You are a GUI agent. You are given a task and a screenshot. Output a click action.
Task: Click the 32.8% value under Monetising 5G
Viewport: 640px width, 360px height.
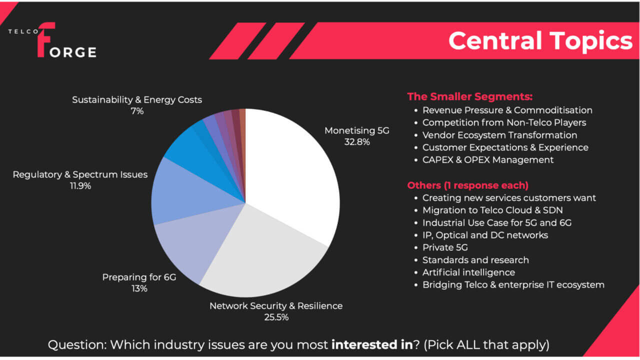357,142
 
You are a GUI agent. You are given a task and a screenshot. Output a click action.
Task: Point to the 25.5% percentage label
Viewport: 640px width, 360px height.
276,317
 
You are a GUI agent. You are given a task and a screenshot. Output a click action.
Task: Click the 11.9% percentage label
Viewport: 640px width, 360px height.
80,186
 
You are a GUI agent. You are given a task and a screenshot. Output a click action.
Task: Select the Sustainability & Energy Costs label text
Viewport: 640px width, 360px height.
137,99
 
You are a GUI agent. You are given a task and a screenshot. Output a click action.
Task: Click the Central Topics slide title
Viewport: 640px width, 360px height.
540,41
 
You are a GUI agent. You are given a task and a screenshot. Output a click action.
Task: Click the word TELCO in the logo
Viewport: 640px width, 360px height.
23,31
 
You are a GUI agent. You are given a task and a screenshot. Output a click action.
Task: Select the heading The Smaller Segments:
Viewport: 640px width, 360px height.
469,96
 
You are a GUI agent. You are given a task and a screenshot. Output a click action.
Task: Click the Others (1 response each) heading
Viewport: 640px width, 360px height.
467,185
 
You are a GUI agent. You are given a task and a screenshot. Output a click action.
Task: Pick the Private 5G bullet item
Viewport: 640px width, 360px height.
445,247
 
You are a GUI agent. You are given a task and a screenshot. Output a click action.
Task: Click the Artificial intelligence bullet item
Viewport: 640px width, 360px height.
468,272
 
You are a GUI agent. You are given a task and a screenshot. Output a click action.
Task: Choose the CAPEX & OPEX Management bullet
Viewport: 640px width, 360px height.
488,160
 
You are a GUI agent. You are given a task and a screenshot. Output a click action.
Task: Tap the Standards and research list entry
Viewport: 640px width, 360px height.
475,260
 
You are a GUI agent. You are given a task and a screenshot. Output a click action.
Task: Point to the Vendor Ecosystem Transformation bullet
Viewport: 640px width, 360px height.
499,135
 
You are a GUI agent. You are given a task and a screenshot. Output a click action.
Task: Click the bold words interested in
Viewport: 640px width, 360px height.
372,344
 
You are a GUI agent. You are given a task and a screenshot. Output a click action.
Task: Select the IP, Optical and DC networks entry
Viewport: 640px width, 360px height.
485,235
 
